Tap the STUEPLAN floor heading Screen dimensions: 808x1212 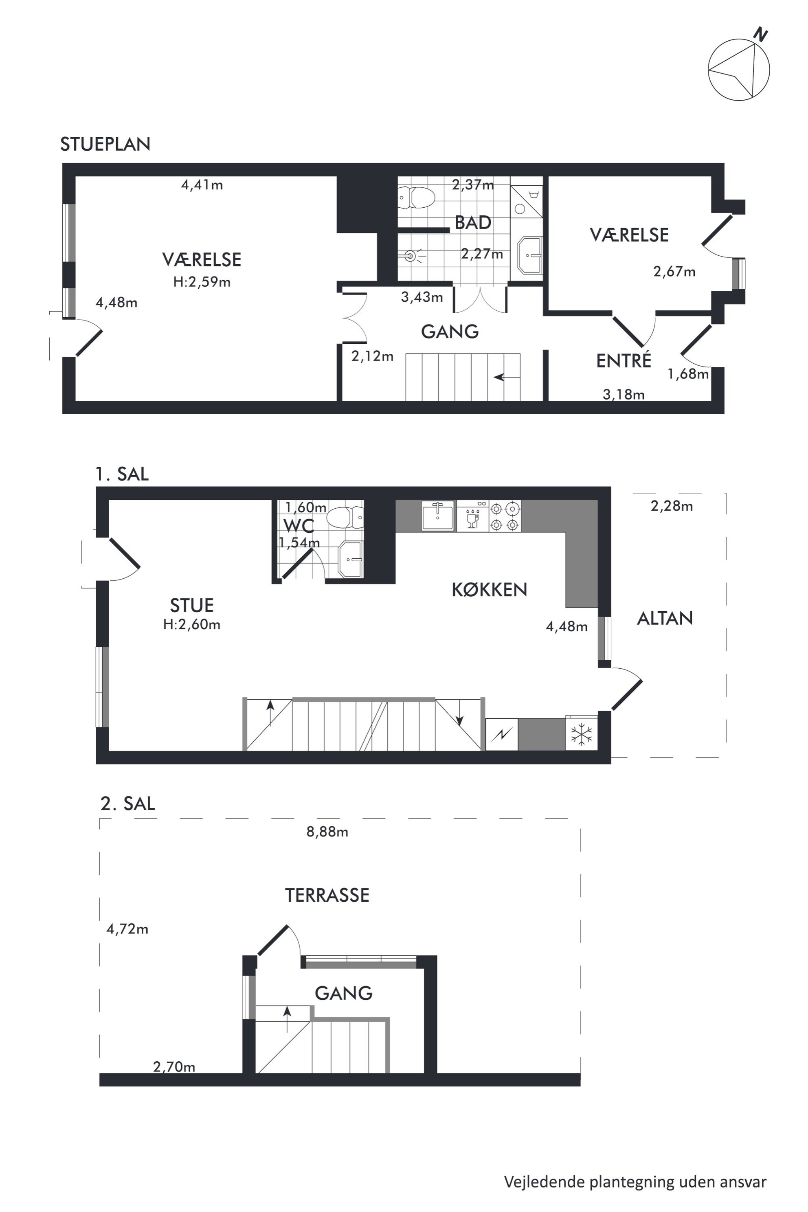point(105,144)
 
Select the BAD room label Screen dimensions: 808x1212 point(472,223)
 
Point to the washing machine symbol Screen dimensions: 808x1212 point(526,201)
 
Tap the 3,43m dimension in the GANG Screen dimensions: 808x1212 point(422,297)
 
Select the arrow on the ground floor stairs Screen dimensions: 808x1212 point(506,377)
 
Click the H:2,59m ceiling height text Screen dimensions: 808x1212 point(202,282)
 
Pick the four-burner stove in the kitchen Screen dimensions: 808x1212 point(505,516)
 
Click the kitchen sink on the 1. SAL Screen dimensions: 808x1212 point(438,516)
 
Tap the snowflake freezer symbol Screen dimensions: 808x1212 point(581,733)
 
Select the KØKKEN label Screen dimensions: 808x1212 point(490,590)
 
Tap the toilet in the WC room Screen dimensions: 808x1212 point(346,517)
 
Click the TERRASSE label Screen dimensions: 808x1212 point(327,895)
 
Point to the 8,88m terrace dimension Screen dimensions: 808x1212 point(327,832)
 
